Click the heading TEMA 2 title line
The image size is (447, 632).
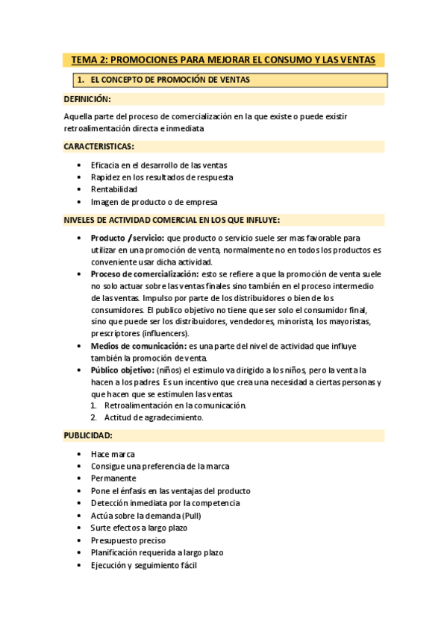[x=224, y=60]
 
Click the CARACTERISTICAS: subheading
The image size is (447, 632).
[x=99, y=146]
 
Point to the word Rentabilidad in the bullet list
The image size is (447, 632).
[x=114, y=189]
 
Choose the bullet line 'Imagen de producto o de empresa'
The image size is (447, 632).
[x=154, y=201]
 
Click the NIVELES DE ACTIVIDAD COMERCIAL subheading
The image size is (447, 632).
[x=172, y=219]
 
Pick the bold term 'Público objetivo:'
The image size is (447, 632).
[x=122, y=370]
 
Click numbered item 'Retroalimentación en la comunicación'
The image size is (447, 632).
[x=175, y=405]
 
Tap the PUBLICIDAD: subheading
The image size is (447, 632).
[x=88, y=434]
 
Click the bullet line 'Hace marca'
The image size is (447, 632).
[x=113, y=453]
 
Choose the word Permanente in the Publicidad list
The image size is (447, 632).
[x=113, y=478]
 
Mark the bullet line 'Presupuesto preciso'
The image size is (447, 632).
[x=128, y=540]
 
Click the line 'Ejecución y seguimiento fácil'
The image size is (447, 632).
[x=143, y=565]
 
